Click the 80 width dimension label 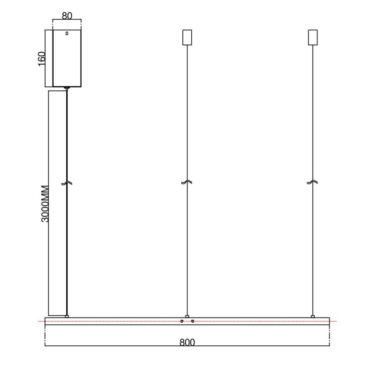tap(66, 16)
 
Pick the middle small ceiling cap tap(187, 37)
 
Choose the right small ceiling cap tap(313, 37)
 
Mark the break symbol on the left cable tap(67, 183)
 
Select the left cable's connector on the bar tap(67, 316)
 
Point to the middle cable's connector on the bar tap(187, 316)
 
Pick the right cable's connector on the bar tap(313, 316)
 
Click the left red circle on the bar tap(182, 321)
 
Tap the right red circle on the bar tap(193, 321)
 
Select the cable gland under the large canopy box tap(66, 89)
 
